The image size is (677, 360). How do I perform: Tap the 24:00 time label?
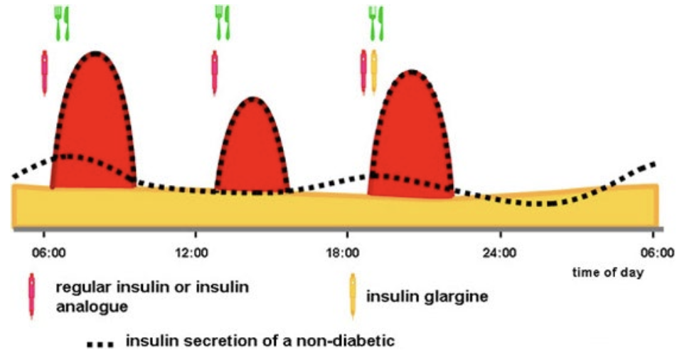tap(500, 252)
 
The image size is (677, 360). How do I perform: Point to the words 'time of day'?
tap(607, 273)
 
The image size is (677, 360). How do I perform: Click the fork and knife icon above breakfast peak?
tap(61, 23)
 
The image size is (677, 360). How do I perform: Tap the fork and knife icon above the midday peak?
tap(223, 23)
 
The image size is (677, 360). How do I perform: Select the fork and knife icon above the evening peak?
tap(375, 23)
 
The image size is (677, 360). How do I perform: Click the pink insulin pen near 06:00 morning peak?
tap(45, 72)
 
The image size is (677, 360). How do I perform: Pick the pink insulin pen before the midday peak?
tap(215, 72)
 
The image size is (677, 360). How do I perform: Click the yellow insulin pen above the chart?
tap(374, 71)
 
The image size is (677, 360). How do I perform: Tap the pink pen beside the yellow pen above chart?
tap(363, 72)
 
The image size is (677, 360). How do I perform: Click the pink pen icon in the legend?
tap(31, 296)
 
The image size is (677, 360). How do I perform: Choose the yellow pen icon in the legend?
tap(353, 296)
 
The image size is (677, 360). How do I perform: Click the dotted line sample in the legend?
tap(100, 344)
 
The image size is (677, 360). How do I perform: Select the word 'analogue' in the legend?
tap(92, 307)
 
